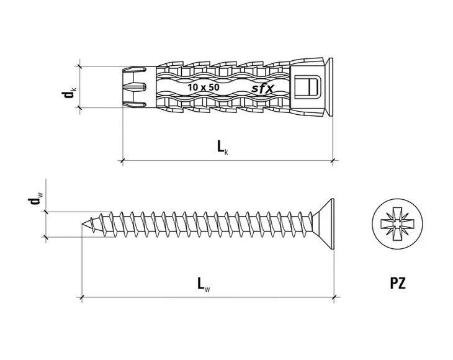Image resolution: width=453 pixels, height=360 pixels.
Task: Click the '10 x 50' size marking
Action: click(204, 87)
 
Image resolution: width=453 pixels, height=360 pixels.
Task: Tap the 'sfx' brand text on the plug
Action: click(262, 88)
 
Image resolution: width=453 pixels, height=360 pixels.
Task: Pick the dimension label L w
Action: click(204, 284)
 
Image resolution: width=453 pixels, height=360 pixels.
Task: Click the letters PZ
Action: click(398, 283)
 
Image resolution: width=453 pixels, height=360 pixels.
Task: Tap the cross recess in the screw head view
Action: click(397, 223)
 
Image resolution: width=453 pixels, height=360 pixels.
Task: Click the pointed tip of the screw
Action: click(83, 225)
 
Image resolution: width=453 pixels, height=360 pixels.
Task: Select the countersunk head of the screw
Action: click(323, 225)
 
